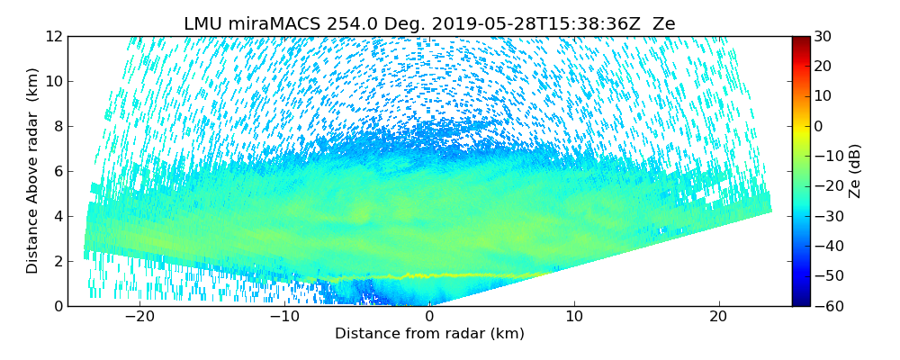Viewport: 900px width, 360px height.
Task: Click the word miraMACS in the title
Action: coord(267,24)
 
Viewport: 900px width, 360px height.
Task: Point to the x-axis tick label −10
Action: coord(284,317)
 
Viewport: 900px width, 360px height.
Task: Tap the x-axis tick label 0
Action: coord(429,317)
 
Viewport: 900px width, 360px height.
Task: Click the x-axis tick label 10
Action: coord(574,317)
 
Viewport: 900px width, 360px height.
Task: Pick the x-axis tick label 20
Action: coord(718,317)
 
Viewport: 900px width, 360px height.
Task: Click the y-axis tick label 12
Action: coord(53,36)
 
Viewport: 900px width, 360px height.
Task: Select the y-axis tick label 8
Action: coord(57,126)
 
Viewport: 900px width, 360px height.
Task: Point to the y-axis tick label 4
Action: coord(57,216)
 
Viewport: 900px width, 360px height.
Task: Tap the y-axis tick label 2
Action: coord(57,261)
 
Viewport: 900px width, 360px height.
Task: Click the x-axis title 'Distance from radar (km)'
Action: coord(429,334)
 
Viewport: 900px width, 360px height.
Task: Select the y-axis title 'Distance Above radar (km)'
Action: coord(33,171)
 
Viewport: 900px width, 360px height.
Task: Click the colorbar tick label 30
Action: coord(823,36)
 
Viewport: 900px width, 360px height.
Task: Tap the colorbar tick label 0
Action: coord(819,126)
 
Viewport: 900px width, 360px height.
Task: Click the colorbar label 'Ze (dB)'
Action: coord(855,171)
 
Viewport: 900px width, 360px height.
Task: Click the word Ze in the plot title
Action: coord(664,24)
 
